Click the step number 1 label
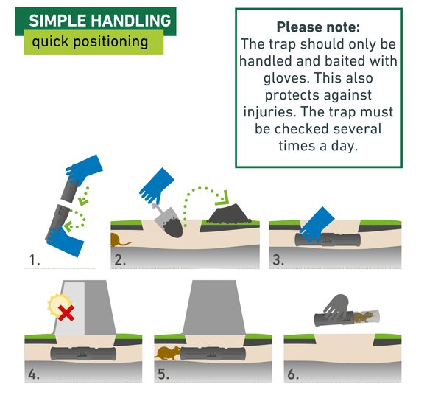coord(35,259)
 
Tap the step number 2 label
coord(120,259)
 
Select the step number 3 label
coord(278,259)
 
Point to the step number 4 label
coord(34,374)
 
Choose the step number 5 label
coord(163,374)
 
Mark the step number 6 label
coord(293,374)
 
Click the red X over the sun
coord(66,313)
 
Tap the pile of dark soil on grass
coord(229,214)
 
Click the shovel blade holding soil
coord(169,222)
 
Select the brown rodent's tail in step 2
coord(127,242)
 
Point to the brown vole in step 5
coord(167,353)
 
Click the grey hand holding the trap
coord(336,306)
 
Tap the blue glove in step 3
coord(317,225)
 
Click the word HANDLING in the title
coord(131,21)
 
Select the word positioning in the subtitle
coord(110,42)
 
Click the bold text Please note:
coord(318,27)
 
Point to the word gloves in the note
coord(286,78)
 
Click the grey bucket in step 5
coord(213,307)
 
